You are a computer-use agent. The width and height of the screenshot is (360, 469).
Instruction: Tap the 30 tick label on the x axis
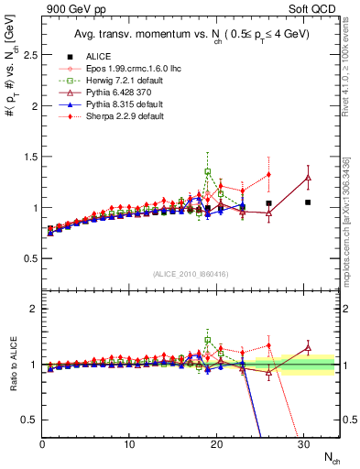pyautogui.click(x=303, y=443)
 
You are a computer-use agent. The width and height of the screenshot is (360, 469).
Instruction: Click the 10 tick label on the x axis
pyautogui.click(x=129, y=443)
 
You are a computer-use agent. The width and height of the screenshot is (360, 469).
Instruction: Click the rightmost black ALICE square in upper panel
pyautogui.click(x=308, y=202)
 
